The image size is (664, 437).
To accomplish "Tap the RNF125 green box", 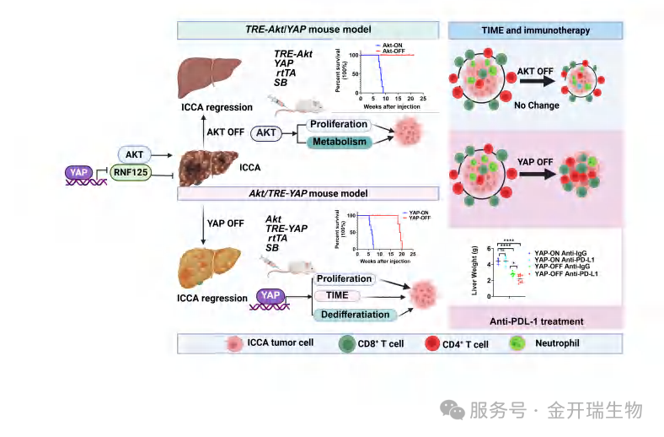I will point(135,175).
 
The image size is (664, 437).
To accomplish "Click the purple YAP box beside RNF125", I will point(83,172).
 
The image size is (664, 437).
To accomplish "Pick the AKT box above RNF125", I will point(135,154).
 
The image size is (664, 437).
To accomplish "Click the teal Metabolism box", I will point(340,141).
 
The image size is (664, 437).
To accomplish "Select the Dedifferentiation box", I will point(355,315).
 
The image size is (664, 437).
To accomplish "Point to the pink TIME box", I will point(336,296).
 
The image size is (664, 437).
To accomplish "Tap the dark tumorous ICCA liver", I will point(205,166).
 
